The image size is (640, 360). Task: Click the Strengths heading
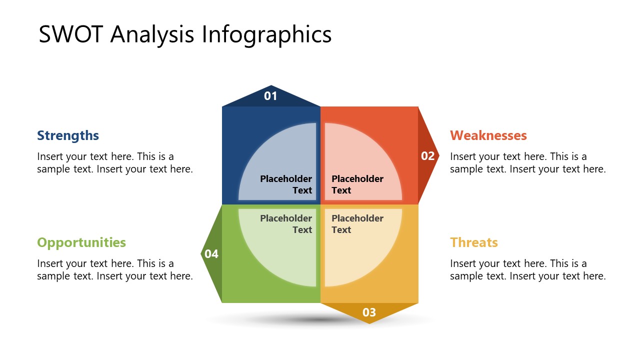click(x=68, y=135)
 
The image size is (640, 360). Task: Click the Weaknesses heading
click(x=488, y=135)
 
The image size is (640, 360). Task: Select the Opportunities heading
click(x=81, y=242)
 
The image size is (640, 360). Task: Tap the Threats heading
click(x=473, y=242)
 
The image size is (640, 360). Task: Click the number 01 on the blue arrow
click(x=270, y=96)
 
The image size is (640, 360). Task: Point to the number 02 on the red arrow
click(x=427, y=156)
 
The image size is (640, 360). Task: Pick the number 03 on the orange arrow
click(x=369, y=312)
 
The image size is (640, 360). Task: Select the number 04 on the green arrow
click(x=211, y=254)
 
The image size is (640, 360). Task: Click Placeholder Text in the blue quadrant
click(x=286, y=184)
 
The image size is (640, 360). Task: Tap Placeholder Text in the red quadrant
click(x=357, y=184)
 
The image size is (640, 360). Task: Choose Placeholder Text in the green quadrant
click(x=286, y=224)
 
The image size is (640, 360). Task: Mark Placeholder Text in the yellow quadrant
click(x=357, y=224)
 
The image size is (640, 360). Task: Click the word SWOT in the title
click(x=71, y=35)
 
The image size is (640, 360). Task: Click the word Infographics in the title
click(x=266, y=35)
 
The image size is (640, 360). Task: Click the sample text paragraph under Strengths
click(x=114, y=163)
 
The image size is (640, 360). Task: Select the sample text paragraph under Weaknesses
click(x=527, y=163)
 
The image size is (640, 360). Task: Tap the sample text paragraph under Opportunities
click(x=114, y=270)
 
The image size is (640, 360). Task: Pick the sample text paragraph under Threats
click(x=527, y=270)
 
